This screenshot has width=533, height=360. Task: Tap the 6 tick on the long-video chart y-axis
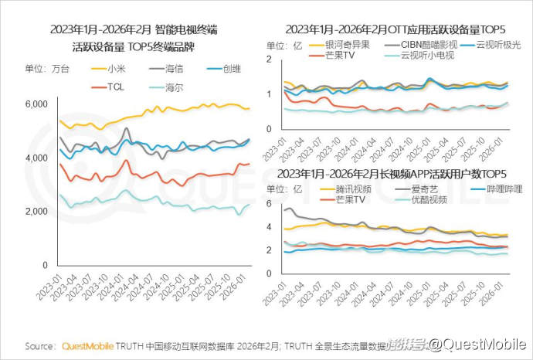[x=269, y=204]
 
